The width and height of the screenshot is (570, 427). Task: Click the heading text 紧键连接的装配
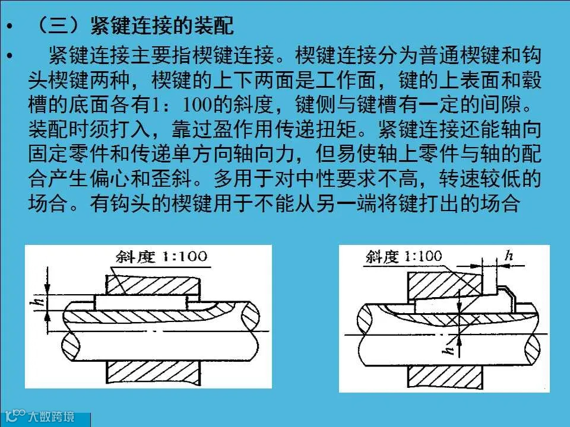tap(161, 26)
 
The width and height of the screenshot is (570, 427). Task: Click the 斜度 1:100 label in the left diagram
tap(161, 257)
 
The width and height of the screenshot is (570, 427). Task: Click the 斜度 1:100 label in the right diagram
tap(404, 256)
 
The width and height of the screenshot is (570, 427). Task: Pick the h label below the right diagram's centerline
tap(449, 349)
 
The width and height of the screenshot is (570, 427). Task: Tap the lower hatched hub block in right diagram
tap(445, 377)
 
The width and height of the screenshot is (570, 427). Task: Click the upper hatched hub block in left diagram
tap(153, 285)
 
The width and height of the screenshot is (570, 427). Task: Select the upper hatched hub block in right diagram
tap(445, 285)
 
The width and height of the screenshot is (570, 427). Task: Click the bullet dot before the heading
tap(9, 26)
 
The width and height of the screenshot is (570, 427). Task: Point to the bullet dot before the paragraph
tap(9, 56)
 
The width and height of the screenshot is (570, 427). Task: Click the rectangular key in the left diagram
tap(141, 302)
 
